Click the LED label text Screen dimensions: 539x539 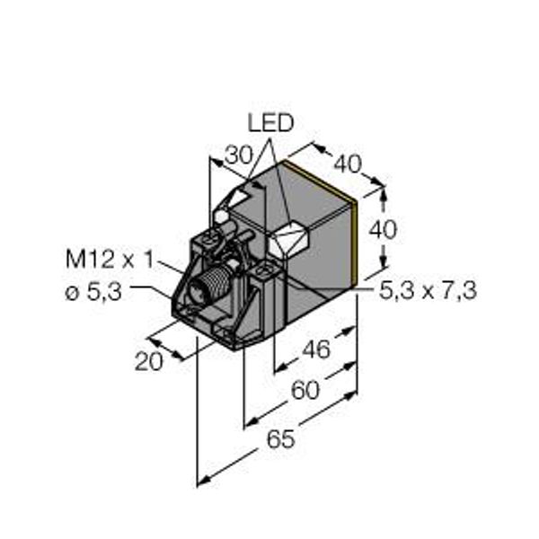point(270,123)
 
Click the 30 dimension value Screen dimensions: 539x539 point(238,155)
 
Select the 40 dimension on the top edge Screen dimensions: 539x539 point(348,164)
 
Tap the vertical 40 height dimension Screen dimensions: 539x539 point(383,230)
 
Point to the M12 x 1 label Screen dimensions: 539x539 point(110,260)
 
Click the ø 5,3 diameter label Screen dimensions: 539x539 point(93,293)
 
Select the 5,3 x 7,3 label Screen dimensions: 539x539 point(428,291)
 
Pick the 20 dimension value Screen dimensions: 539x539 point(148,362)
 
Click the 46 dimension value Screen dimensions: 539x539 point(316,349)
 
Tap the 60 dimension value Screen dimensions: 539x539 point(305,391)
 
